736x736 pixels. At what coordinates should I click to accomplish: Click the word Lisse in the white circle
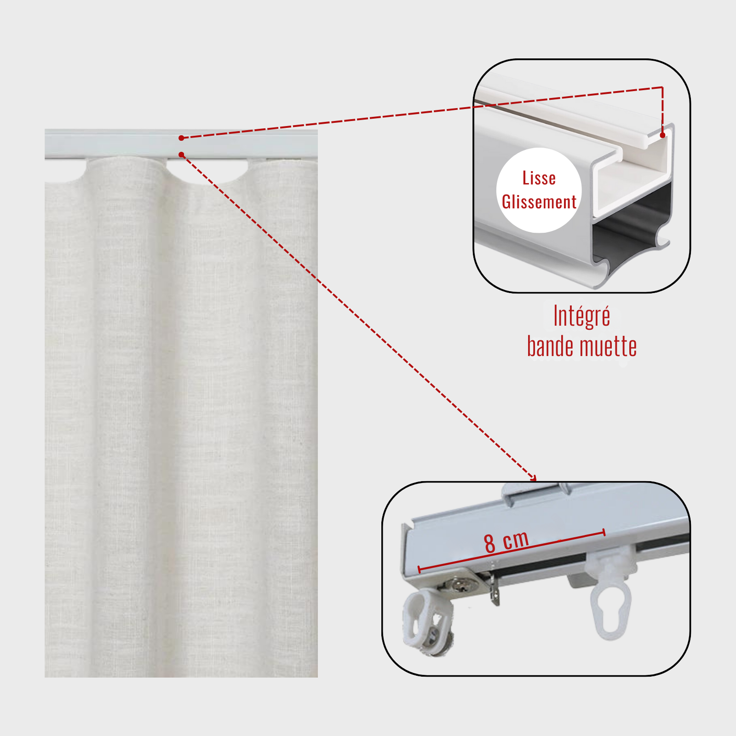pos(539,178)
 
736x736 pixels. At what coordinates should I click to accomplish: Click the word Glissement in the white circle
pos(539,202)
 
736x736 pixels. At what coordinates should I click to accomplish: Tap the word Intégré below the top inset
pos(582,316)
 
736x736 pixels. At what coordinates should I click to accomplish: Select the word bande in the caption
pos(551,346)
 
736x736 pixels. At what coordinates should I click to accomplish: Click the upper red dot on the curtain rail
pos(181,138)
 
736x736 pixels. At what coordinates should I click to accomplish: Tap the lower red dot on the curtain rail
pos(181,155)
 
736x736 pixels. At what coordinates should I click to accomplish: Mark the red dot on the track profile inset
pos(662,135)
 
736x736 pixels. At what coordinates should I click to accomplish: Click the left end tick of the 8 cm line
pos(419,569)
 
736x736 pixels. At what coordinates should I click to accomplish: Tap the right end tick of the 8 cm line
pos(604,532)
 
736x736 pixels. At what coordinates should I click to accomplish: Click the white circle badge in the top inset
pos(539,190)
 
